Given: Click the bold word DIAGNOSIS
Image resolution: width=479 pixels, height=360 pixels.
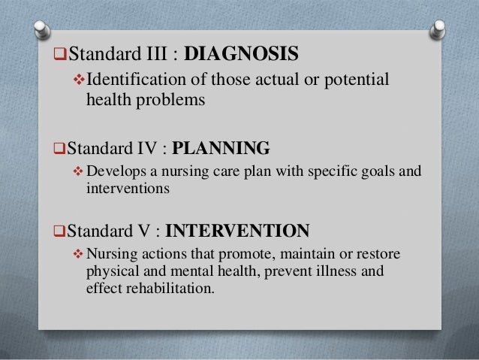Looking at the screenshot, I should [241, 55].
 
